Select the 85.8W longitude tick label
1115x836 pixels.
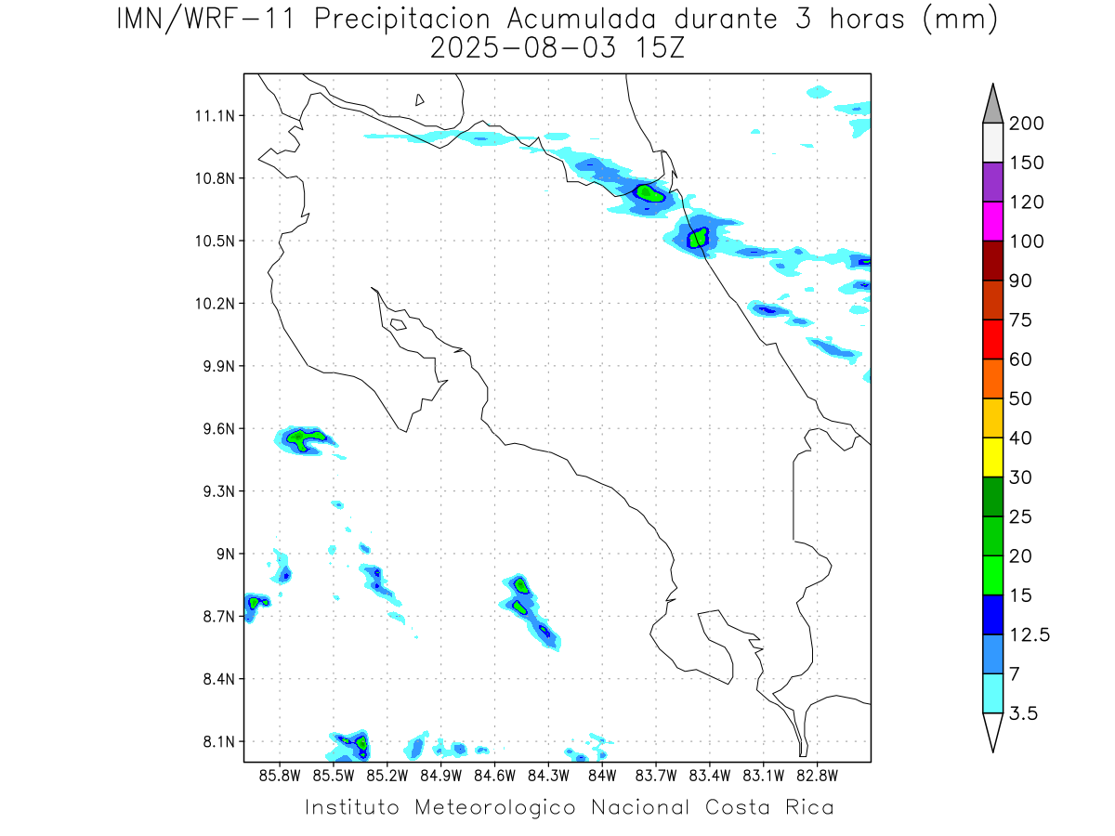point(281,775)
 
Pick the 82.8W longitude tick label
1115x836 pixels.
point(817,775)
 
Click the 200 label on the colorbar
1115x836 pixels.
point(1027,124)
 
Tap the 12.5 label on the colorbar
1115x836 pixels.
point(1030,634)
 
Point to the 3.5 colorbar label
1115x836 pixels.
point(1025,713)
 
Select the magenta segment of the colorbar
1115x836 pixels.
point(992,221)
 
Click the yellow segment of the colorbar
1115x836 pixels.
point(992,457)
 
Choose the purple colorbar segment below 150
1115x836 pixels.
point(992,182)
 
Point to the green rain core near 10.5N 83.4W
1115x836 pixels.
point(699,237)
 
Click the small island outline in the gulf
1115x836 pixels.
point(398,324)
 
